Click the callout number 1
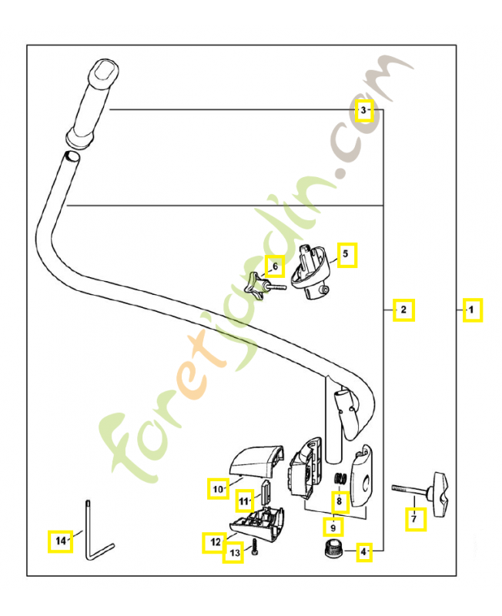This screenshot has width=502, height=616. coord(472,310)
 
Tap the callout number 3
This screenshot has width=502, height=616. coord(364,112)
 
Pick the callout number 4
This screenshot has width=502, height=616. coord(363,551)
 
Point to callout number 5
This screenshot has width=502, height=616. coord(346,254)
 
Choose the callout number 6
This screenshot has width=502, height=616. coord(275,267)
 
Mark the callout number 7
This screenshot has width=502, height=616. coord(415,520)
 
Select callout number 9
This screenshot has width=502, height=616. coord(332,527)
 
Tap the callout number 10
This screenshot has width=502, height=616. coord(219,488)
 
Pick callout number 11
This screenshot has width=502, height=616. coord(245,501)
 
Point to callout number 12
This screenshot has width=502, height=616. coord(212,543)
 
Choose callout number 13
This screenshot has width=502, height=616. coord(233,553)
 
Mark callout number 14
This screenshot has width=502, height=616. coord(59,541)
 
